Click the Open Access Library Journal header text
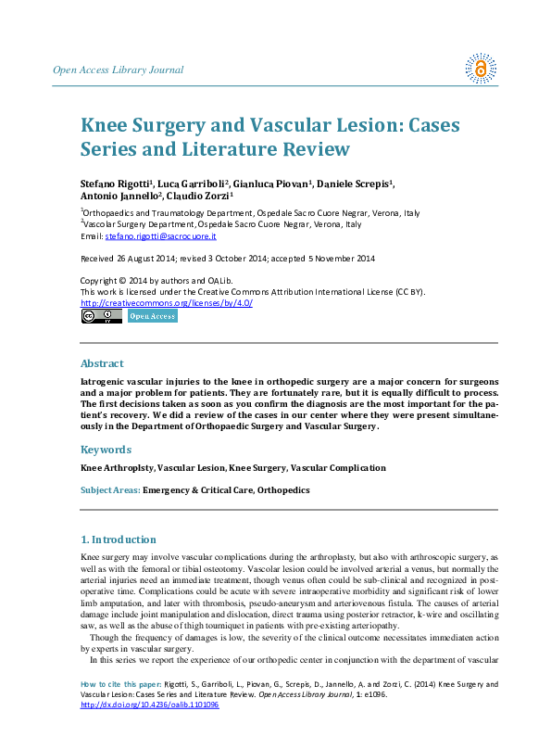pyautogui.click(x=118, y=70)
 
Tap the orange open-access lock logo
pyautogui.click(x=481, y=68)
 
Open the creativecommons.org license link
pyautogui.click(x=167, y=302)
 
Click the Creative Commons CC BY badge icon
pyautogui.click(x=102, y=316)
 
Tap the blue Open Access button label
pyautogui.click(x=152, y=316)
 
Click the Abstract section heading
pyautogui.click(x=102, y=363)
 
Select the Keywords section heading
pyautogui.click(x=106, y=450)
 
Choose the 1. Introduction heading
pyautogui.click(x=118, y=540)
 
